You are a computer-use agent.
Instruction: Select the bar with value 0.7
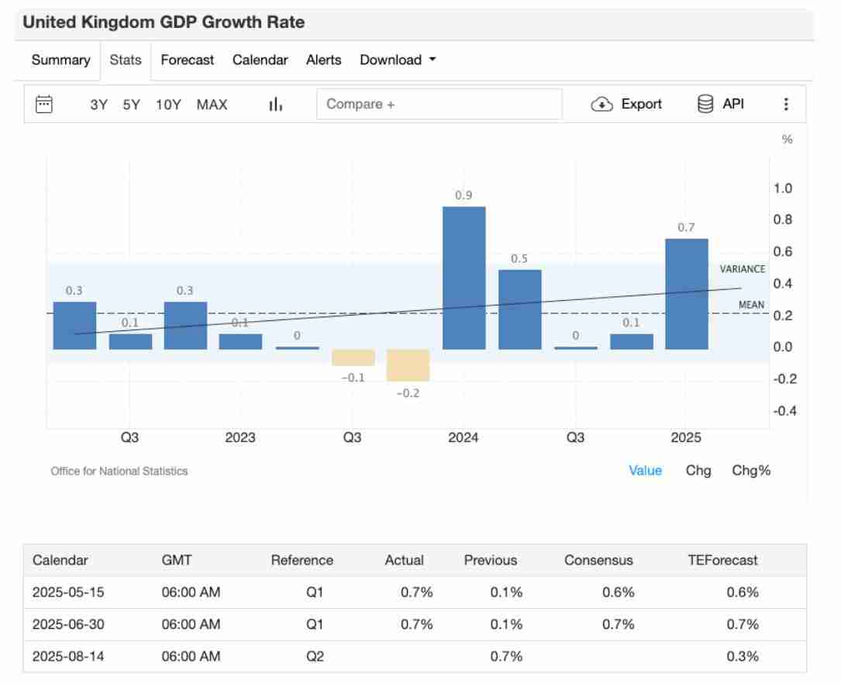(x=687, y=294)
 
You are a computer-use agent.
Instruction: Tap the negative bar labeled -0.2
(x=408, y=365)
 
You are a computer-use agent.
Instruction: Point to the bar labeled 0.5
(x=519, y=309)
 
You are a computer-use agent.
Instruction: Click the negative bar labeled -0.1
(x=353, y=358)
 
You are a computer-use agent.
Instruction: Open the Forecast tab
(x=187, y=60)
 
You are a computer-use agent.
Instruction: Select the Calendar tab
(x=260, y=60)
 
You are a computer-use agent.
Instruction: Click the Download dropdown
(x=398, y=60)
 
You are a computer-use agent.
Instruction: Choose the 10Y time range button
(x=168, y=104)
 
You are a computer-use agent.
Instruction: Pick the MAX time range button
(x=212, y=104)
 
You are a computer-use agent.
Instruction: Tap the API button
(x=722, y=104)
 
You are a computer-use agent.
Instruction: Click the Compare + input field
(x=439, y=104)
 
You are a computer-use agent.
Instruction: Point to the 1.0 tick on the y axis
(x=784, y=188)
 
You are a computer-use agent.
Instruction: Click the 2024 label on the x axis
(x=464, y=437)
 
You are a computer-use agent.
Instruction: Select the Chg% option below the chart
(x=751, y=471)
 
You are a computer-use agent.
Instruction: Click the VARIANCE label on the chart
(x=743, y=269)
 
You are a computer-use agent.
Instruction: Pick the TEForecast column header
(x=722, y=560)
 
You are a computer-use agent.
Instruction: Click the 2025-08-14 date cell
(x=68, y=657)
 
